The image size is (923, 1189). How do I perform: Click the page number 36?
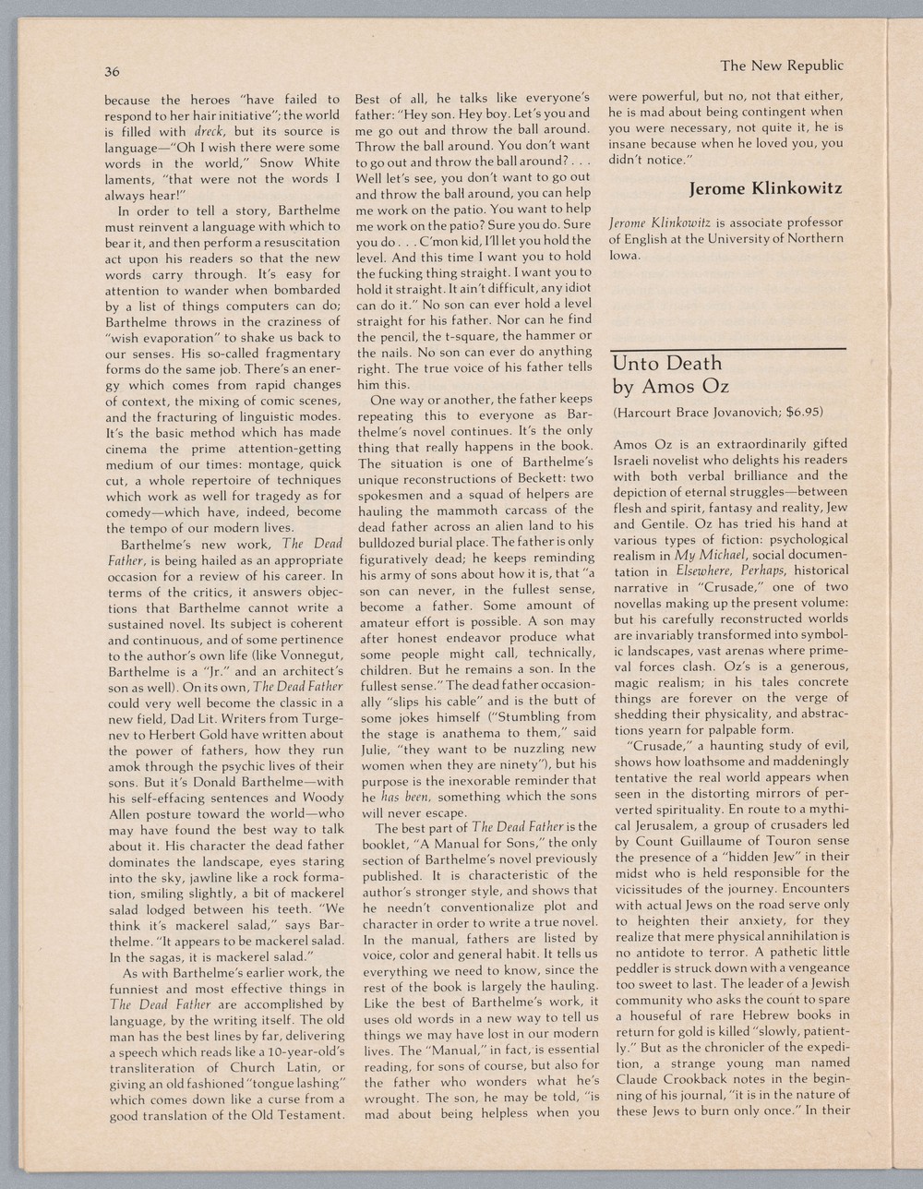112,72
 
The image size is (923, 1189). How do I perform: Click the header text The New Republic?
781,66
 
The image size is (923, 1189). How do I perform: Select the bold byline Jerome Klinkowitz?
765,189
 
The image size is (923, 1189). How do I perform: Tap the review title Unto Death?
666,363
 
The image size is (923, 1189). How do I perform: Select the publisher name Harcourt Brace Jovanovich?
692,412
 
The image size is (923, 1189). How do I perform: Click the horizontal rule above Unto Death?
727,348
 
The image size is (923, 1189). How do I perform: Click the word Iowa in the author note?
625,255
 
